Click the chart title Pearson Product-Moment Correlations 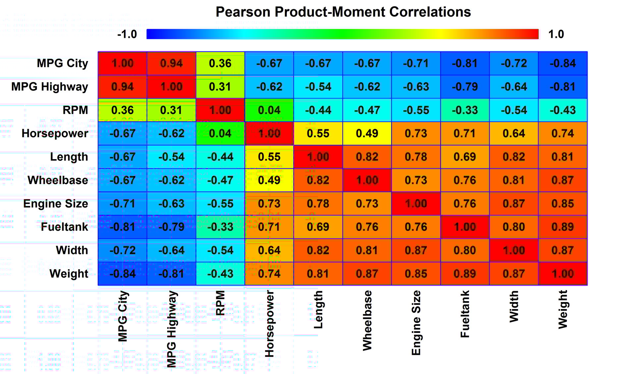tap(343, 12)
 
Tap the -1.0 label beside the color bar tap(127, 34)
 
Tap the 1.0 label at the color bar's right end tap(556, 34)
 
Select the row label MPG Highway tap(50, 87)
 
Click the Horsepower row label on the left tap(55, 133)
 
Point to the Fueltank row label tap(64, 227)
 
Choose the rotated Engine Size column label tap(416, 323)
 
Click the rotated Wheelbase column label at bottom tap(367, 320)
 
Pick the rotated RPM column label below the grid tap(220, 303)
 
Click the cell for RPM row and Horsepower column tap(269, 110)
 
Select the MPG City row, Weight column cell tap(562, 63)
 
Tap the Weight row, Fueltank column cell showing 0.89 tap(465, 274)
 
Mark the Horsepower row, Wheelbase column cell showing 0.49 tap(367, 133)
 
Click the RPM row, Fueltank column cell tap(465, 110)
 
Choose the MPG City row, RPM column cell tap(220, 63)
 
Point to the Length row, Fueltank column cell tap(465, 157)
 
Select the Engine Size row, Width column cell tap(513, 204)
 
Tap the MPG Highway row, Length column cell tap(318, 87)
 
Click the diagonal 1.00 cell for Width tap(513, 250)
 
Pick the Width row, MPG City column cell tap(123, 250)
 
